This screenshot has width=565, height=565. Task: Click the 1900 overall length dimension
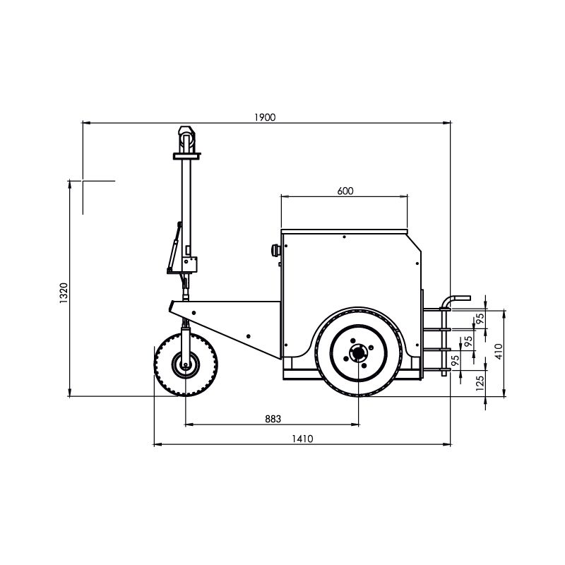(265, 117)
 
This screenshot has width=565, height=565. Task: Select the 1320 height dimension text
(64, 293)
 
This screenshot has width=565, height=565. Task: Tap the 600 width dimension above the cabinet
(345, 191)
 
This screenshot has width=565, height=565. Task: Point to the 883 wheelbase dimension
(273, 419)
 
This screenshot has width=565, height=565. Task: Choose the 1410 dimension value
(302, 439)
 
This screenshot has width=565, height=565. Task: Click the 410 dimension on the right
(499, 351)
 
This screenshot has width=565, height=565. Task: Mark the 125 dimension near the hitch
(480, 383)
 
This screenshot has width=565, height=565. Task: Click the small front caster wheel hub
(186, 364)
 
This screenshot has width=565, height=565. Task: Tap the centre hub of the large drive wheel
(358, 353)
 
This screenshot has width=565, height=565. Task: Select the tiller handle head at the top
(186, 139)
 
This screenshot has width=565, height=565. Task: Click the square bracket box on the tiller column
(189, 265)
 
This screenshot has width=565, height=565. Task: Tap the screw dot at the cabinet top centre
(344, 237)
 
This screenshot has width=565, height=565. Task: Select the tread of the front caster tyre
(186, 364)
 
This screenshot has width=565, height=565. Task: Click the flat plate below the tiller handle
(186, 156)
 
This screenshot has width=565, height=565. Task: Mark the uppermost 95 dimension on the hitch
(480, 319)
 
